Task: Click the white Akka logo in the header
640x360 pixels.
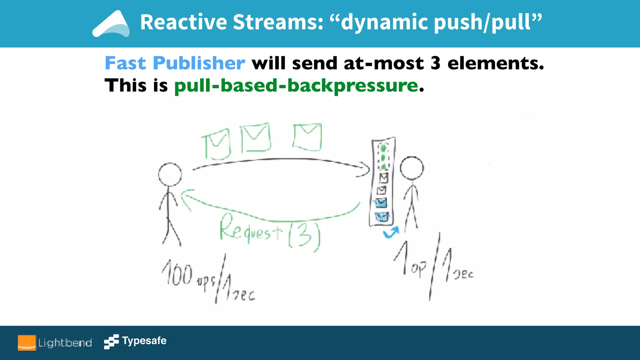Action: click(x=111, y=24)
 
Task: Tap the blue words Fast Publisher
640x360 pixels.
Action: click(x=175, y=63)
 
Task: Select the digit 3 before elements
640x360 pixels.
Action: click(x=436, y=63)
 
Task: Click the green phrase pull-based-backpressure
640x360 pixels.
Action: click(x=296, y=86)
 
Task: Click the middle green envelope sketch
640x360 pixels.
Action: click(x=256, y=137)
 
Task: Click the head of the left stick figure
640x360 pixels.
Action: click(x=170, y=175)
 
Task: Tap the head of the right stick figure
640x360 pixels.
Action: click(x=412, y=168)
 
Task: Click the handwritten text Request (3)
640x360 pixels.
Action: click(x=269, y=233)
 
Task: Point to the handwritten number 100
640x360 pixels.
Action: click(x=177, y=273)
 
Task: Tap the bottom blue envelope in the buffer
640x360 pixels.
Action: click(x=381, y=216)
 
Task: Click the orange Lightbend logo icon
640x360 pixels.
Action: click(x=27, y=343)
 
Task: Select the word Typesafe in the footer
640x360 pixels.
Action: click(x=144, y=340)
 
